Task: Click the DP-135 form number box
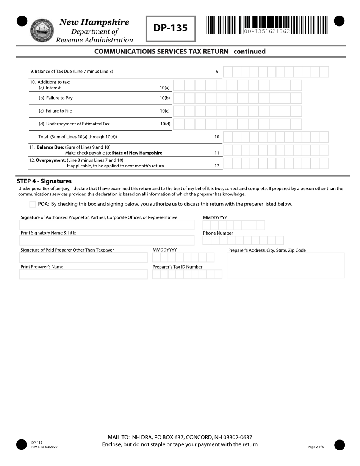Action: [171, 28]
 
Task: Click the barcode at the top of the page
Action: [267, 25]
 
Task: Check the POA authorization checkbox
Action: [33, 204]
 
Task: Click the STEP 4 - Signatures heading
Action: [44, 181]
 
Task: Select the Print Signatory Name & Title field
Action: [106, 240]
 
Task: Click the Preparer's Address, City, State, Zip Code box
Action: [285, 266]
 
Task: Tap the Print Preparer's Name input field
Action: [83, 274]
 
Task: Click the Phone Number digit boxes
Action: [243, 240]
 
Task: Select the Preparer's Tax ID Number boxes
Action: [187, 274]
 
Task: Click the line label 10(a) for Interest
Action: [165, 88]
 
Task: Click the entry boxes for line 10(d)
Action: [238, 124]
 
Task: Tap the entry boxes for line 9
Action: [275, 72]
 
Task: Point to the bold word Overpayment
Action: [50, 160]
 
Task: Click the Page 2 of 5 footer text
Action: [316, 447]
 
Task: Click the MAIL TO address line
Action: [180, 437]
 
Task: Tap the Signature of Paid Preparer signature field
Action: [83, 258]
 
